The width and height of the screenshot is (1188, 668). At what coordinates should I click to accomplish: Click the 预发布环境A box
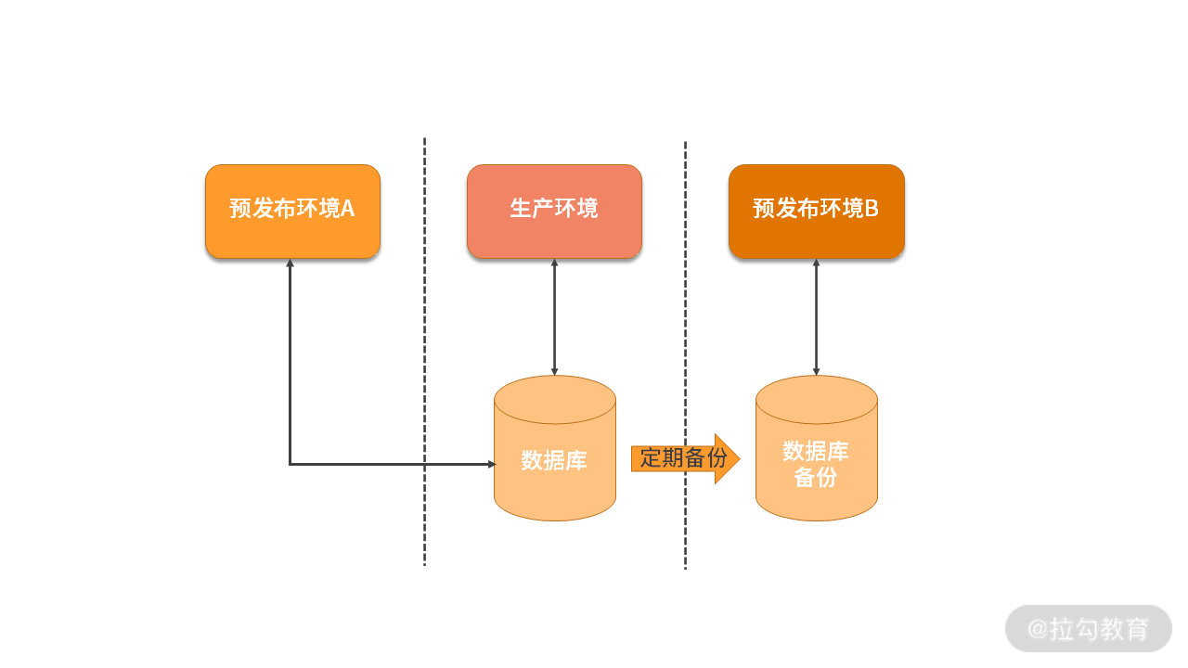pyautogui.click(x=292, y=210)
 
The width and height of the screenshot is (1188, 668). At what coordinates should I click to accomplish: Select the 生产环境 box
pyautogui.click(x=554, y=210)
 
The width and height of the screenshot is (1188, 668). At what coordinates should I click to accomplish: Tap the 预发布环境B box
pyautogui.click(x=816, y=210)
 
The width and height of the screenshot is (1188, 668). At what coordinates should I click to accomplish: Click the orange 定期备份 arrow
pyautogui.click(x=682, y=458)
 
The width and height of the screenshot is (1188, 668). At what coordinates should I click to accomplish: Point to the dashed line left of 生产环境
pyautogui.click(x=424, y=353)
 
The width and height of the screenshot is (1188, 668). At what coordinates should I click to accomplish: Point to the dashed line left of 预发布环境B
pyautogui.click(x=685, y=353)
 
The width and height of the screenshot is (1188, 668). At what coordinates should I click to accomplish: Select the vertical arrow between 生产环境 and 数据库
pyautogui.click(x=554, y=316)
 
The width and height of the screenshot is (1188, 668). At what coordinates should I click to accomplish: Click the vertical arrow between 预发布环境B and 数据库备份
pyautogui.click(x=817, y=316)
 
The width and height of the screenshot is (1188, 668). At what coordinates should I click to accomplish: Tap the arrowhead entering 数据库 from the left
pyautogui.click(x=492, y=464)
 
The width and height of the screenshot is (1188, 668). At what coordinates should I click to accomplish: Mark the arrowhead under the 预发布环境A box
pyautogui.click(x=290, y=264)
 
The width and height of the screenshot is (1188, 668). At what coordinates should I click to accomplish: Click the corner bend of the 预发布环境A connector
pyautogui.click(x=290, y=464)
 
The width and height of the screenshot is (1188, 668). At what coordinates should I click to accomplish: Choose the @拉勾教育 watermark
pyautogui.click(x=1088, y=629)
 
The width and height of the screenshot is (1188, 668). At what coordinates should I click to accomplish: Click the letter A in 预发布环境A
pyautogui.click(x=347, y=208)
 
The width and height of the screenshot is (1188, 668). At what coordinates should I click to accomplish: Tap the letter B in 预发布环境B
pyautogui.click(x=872, y=208)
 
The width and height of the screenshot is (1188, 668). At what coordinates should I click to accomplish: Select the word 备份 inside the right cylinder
pyautogui.click(x=816, y=477)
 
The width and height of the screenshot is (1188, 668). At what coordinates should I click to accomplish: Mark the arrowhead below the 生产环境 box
pyautogui.click(x=554, y=264)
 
